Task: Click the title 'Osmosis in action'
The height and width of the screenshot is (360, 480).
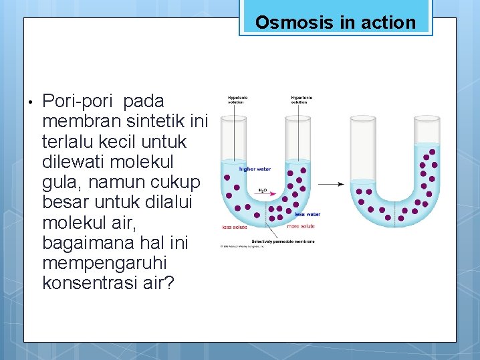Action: point(335,22)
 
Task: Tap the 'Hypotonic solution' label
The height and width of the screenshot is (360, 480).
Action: point(237,100)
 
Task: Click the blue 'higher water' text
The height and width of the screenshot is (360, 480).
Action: point(255,169)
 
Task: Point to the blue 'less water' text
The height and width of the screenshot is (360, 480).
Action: point(308,215)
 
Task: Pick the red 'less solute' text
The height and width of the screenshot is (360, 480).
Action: point(235,227)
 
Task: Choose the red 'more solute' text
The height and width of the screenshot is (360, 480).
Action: point(301,227)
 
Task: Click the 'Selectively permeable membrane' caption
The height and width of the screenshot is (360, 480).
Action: point(283,241)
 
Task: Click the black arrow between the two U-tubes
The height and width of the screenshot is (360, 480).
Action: point(331,184)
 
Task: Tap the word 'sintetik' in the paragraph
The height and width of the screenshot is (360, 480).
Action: point(151,122)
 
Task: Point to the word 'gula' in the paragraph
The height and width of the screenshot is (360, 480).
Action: point(61,182)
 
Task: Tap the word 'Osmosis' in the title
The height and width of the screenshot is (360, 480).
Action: point(295,22)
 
